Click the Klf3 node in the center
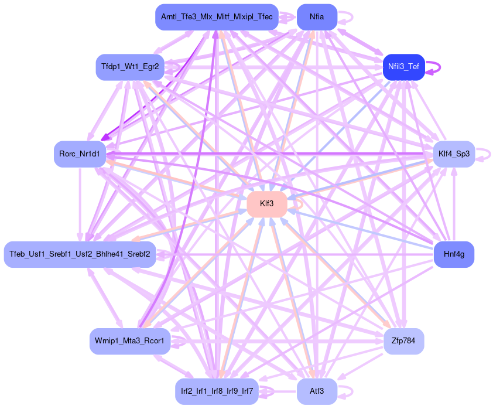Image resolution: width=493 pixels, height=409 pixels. coord(266,205)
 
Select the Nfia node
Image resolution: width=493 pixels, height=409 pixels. coord(317,17)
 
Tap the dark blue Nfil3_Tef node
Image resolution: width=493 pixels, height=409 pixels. coord(403,66)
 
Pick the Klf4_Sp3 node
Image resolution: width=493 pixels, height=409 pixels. coord(454,154)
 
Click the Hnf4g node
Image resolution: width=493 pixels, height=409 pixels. coord(454,255)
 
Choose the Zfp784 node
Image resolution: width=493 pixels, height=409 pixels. coord(403,341)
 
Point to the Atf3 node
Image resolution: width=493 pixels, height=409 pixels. coord(317,391)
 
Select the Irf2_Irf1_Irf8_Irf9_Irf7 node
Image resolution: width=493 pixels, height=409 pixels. coord(217,391)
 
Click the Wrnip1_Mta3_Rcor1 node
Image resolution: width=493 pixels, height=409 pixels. coord(130,341)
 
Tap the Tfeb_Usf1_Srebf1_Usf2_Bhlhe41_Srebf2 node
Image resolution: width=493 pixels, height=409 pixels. coord(80,255)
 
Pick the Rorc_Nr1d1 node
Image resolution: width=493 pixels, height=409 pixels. coord(80,154)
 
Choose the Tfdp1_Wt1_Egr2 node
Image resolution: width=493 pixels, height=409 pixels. coord(130,66)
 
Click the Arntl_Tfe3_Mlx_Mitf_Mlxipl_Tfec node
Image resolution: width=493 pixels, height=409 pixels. coord(217,17)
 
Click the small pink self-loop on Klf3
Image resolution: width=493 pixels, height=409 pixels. coord(301,204)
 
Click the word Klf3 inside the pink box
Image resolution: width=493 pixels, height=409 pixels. coord(266,205)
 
